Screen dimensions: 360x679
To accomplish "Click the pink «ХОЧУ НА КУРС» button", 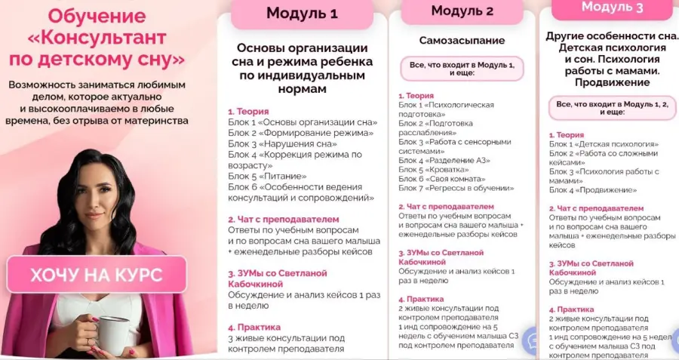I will pos(96,275).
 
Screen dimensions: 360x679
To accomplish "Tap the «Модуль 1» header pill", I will pos(302,14).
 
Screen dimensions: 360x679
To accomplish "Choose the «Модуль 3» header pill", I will pos(612,8).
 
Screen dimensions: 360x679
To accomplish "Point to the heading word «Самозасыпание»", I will pos(462,40).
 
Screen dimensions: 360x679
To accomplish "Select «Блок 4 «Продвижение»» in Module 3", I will pos(593,189).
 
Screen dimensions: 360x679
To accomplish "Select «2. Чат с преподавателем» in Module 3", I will pos(596,208).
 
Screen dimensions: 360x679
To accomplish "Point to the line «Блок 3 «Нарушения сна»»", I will pos(282,143).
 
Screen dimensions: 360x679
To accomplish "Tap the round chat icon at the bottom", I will pos(534,340).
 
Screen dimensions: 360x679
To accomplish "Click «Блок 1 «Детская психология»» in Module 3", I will pos(604,143).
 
